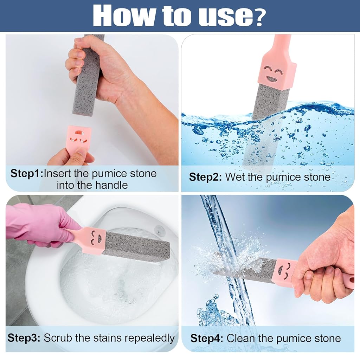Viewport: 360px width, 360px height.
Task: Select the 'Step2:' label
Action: pos(205,177)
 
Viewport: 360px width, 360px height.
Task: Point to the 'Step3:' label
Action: pos(24,338)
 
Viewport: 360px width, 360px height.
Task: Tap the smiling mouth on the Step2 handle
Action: pos(272,79)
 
